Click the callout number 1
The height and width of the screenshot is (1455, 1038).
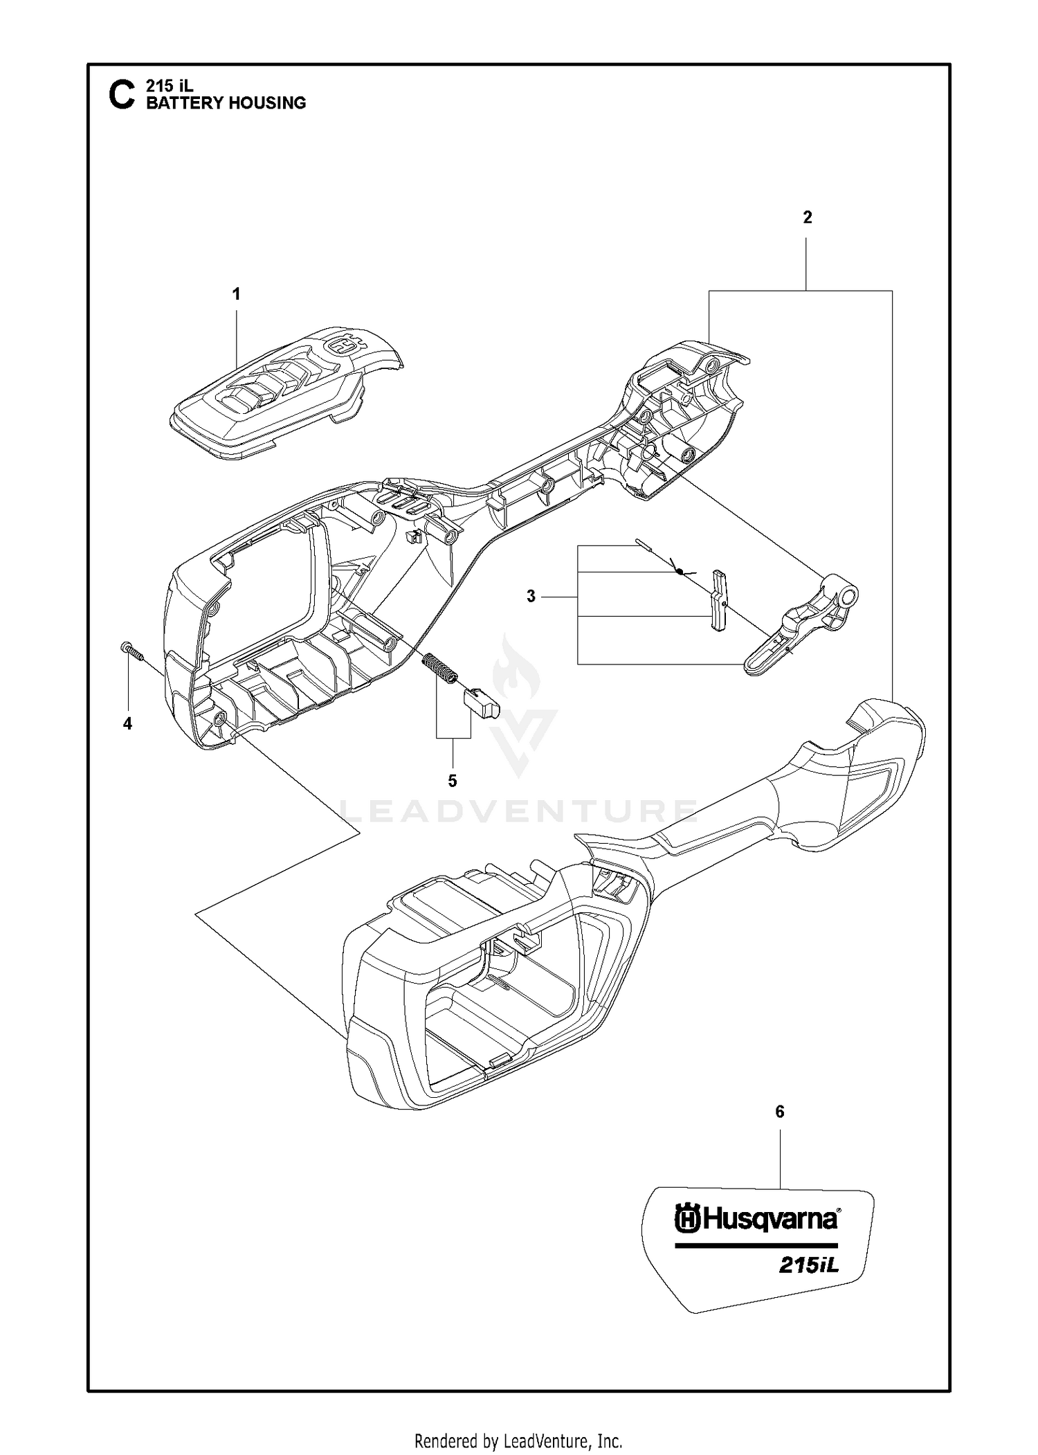point(236,294)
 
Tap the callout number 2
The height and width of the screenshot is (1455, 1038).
point(808,217)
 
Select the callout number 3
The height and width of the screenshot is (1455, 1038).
point(531,596)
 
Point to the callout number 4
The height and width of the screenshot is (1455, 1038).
point(127,723)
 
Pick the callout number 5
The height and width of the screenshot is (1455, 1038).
point(453,781)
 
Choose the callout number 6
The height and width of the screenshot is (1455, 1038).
point(780,1112)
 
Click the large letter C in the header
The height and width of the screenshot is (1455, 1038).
point(122,95)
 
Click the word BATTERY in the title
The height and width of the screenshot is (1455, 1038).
point(179,102)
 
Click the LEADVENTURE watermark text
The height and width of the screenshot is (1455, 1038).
point(518,810)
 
